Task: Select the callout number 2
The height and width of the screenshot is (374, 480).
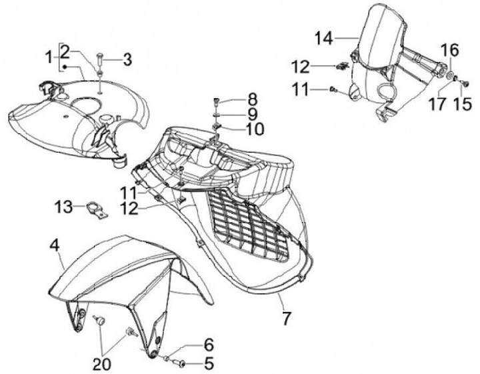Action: pyautogui.click(x=65, y=51)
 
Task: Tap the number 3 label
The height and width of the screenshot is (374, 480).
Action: pyautogui.click(x=127, y=60)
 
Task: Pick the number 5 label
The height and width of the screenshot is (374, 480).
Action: pyautogui.click(x=208, y=364)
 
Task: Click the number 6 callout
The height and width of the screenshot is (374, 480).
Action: pyautogui.click(x=208, y=345)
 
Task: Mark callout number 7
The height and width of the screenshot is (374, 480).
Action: pyautogui.click(x=286, y=319)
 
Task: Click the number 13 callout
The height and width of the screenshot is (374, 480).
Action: pyautogui.click(x=63, y=208)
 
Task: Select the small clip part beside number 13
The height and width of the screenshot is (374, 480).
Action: pyautogui.click(x=93, y=209)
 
